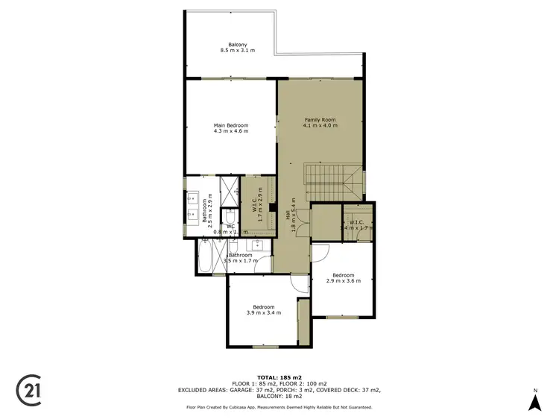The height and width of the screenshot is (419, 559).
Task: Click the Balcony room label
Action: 238,47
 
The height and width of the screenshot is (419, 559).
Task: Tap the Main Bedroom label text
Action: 230,128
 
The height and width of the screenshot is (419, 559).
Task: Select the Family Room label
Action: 320,122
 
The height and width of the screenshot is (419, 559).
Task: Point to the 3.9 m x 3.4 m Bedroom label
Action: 263,310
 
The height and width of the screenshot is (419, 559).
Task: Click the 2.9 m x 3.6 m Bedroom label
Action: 347,277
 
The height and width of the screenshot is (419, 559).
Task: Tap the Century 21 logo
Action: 28,390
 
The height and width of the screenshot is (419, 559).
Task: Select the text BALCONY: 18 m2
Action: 279,397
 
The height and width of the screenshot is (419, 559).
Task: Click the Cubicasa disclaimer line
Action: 279,407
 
